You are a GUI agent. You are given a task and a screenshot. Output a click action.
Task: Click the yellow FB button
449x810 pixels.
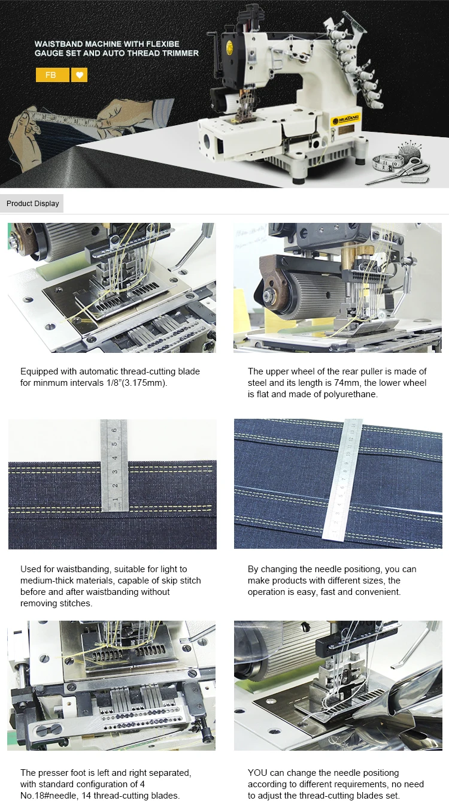point(52,75)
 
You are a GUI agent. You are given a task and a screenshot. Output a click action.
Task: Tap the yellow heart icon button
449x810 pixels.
point(79,75)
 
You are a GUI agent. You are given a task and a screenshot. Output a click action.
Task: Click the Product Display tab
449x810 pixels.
point(32,204)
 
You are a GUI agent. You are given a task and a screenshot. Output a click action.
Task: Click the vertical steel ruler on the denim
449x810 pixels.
point(114,464)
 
